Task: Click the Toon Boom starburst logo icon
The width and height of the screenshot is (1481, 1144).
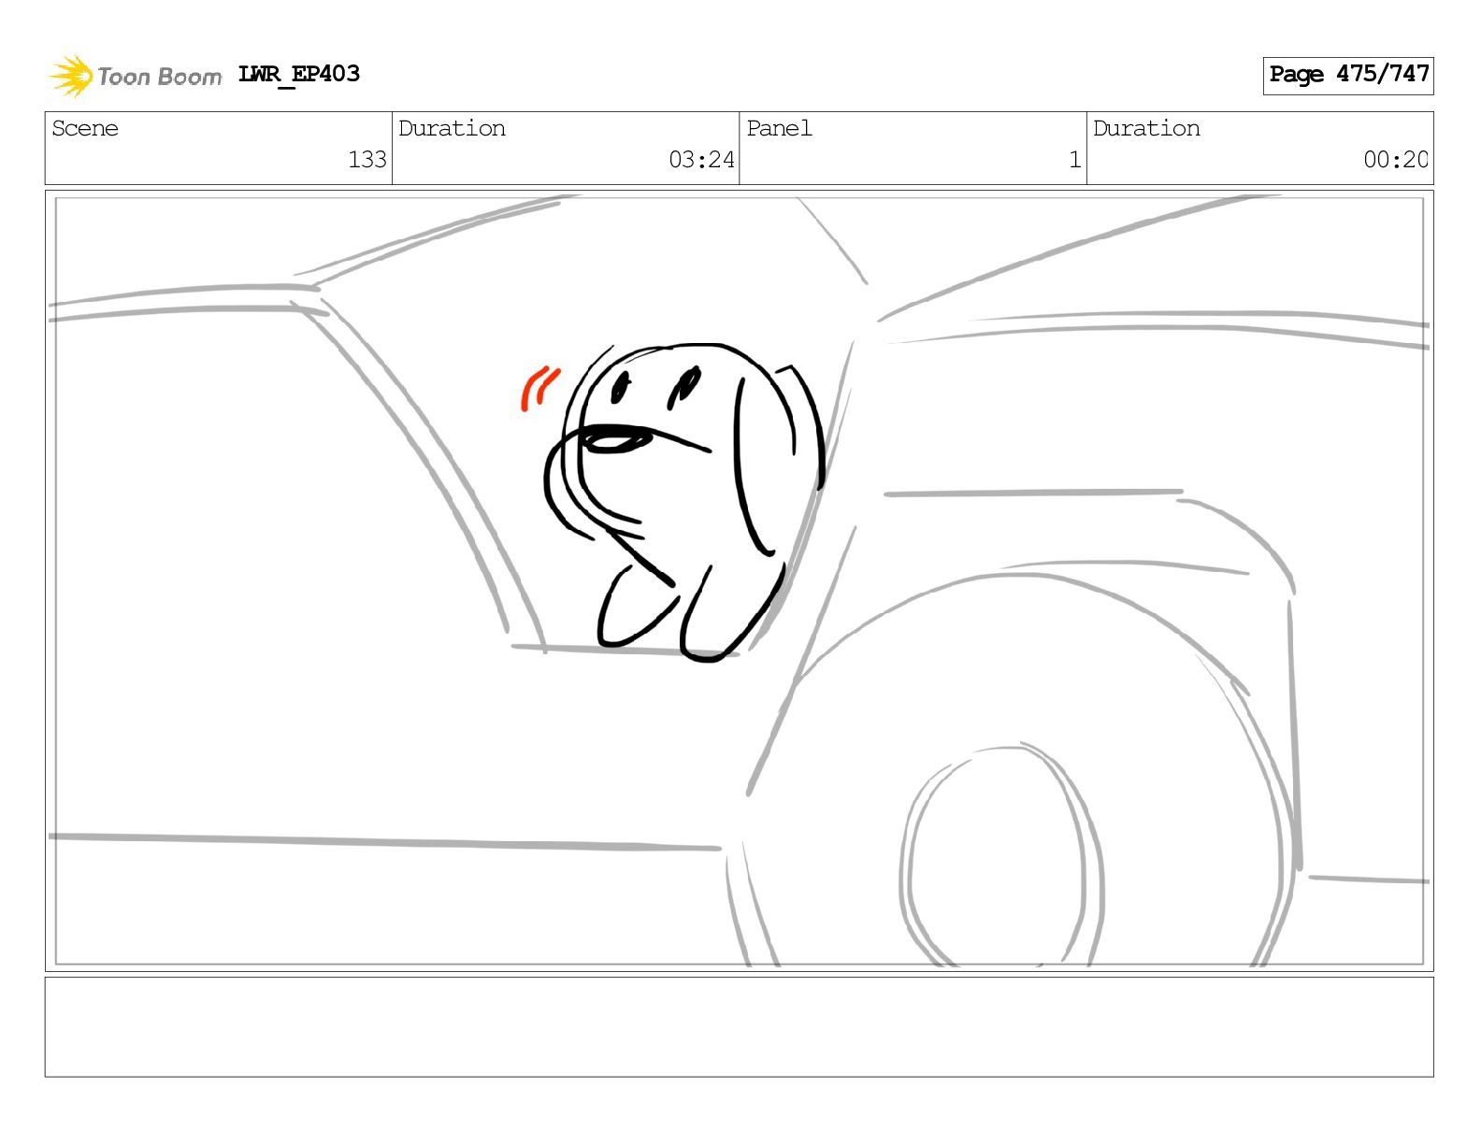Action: (71, 76)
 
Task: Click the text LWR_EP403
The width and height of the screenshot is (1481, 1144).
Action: (298, 74)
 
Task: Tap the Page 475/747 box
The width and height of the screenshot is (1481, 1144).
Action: (1347, 76)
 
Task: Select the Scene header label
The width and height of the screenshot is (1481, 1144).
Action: (85, 128)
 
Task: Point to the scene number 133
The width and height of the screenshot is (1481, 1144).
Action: (367, 160)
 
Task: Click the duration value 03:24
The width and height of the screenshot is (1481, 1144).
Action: (701, 160)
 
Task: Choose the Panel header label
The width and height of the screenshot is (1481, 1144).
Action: (779, 128)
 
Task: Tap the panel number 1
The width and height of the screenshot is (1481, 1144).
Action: (1075, 160)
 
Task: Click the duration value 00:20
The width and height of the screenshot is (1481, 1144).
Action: (1395, 160)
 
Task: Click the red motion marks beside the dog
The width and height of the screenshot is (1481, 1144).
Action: (539, 389)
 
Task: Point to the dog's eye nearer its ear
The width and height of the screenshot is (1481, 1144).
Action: (683, 388)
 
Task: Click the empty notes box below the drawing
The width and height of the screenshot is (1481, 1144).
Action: (740, 1027)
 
